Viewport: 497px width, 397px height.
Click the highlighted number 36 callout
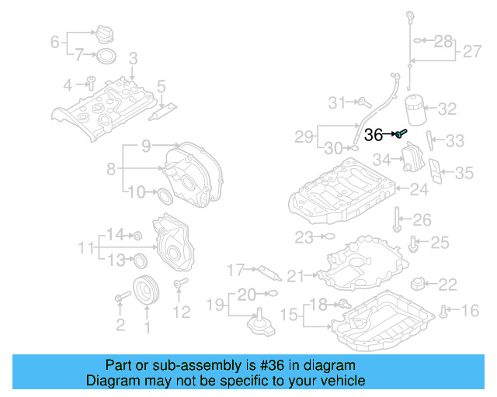coord(374,135)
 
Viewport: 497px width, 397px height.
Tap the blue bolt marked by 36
coord(400,135)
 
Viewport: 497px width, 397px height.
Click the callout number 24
coord(419,188)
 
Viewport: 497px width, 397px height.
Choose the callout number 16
coord(471,311)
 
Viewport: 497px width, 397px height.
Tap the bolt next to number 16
coord(443,312)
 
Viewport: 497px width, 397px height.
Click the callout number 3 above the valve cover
coord(133,57)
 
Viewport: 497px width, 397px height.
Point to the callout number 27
coord(471,52)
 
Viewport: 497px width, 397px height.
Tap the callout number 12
coord(180,312)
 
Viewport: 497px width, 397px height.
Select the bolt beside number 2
coord(122,297)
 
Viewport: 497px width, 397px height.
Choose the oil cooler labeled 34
coord(409,161)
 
